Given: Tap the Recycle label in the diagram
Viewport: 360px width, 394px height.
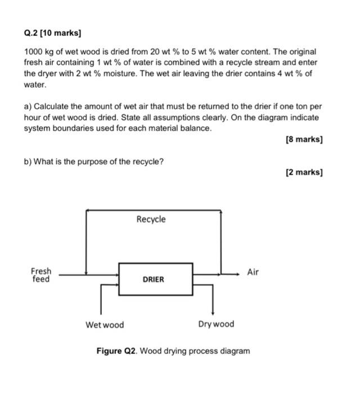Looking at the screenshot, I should (151, 219).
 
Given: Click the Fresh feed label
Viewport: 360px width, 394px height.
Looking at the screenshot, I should (40, 275).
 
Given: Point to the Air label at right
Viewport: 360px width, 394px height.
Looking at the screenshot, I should (253, 272).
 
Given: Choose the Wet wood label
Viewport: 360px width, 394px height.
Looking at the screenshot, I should (105, 325).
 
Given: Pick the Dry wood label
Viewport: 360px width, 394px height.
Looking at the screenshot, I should (216, 324).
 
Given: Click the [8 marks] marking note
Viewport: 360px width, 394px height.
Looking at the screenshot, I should (304, 139).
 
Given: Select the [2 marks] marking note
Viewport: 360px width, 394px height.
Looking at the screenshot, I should (304, 172).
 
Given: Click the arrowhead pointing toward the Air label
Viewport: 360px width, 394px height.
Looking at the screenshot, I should (238, 275).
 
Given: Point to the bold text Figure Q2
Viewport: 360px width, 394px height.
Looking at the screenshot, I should (116, 351).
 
